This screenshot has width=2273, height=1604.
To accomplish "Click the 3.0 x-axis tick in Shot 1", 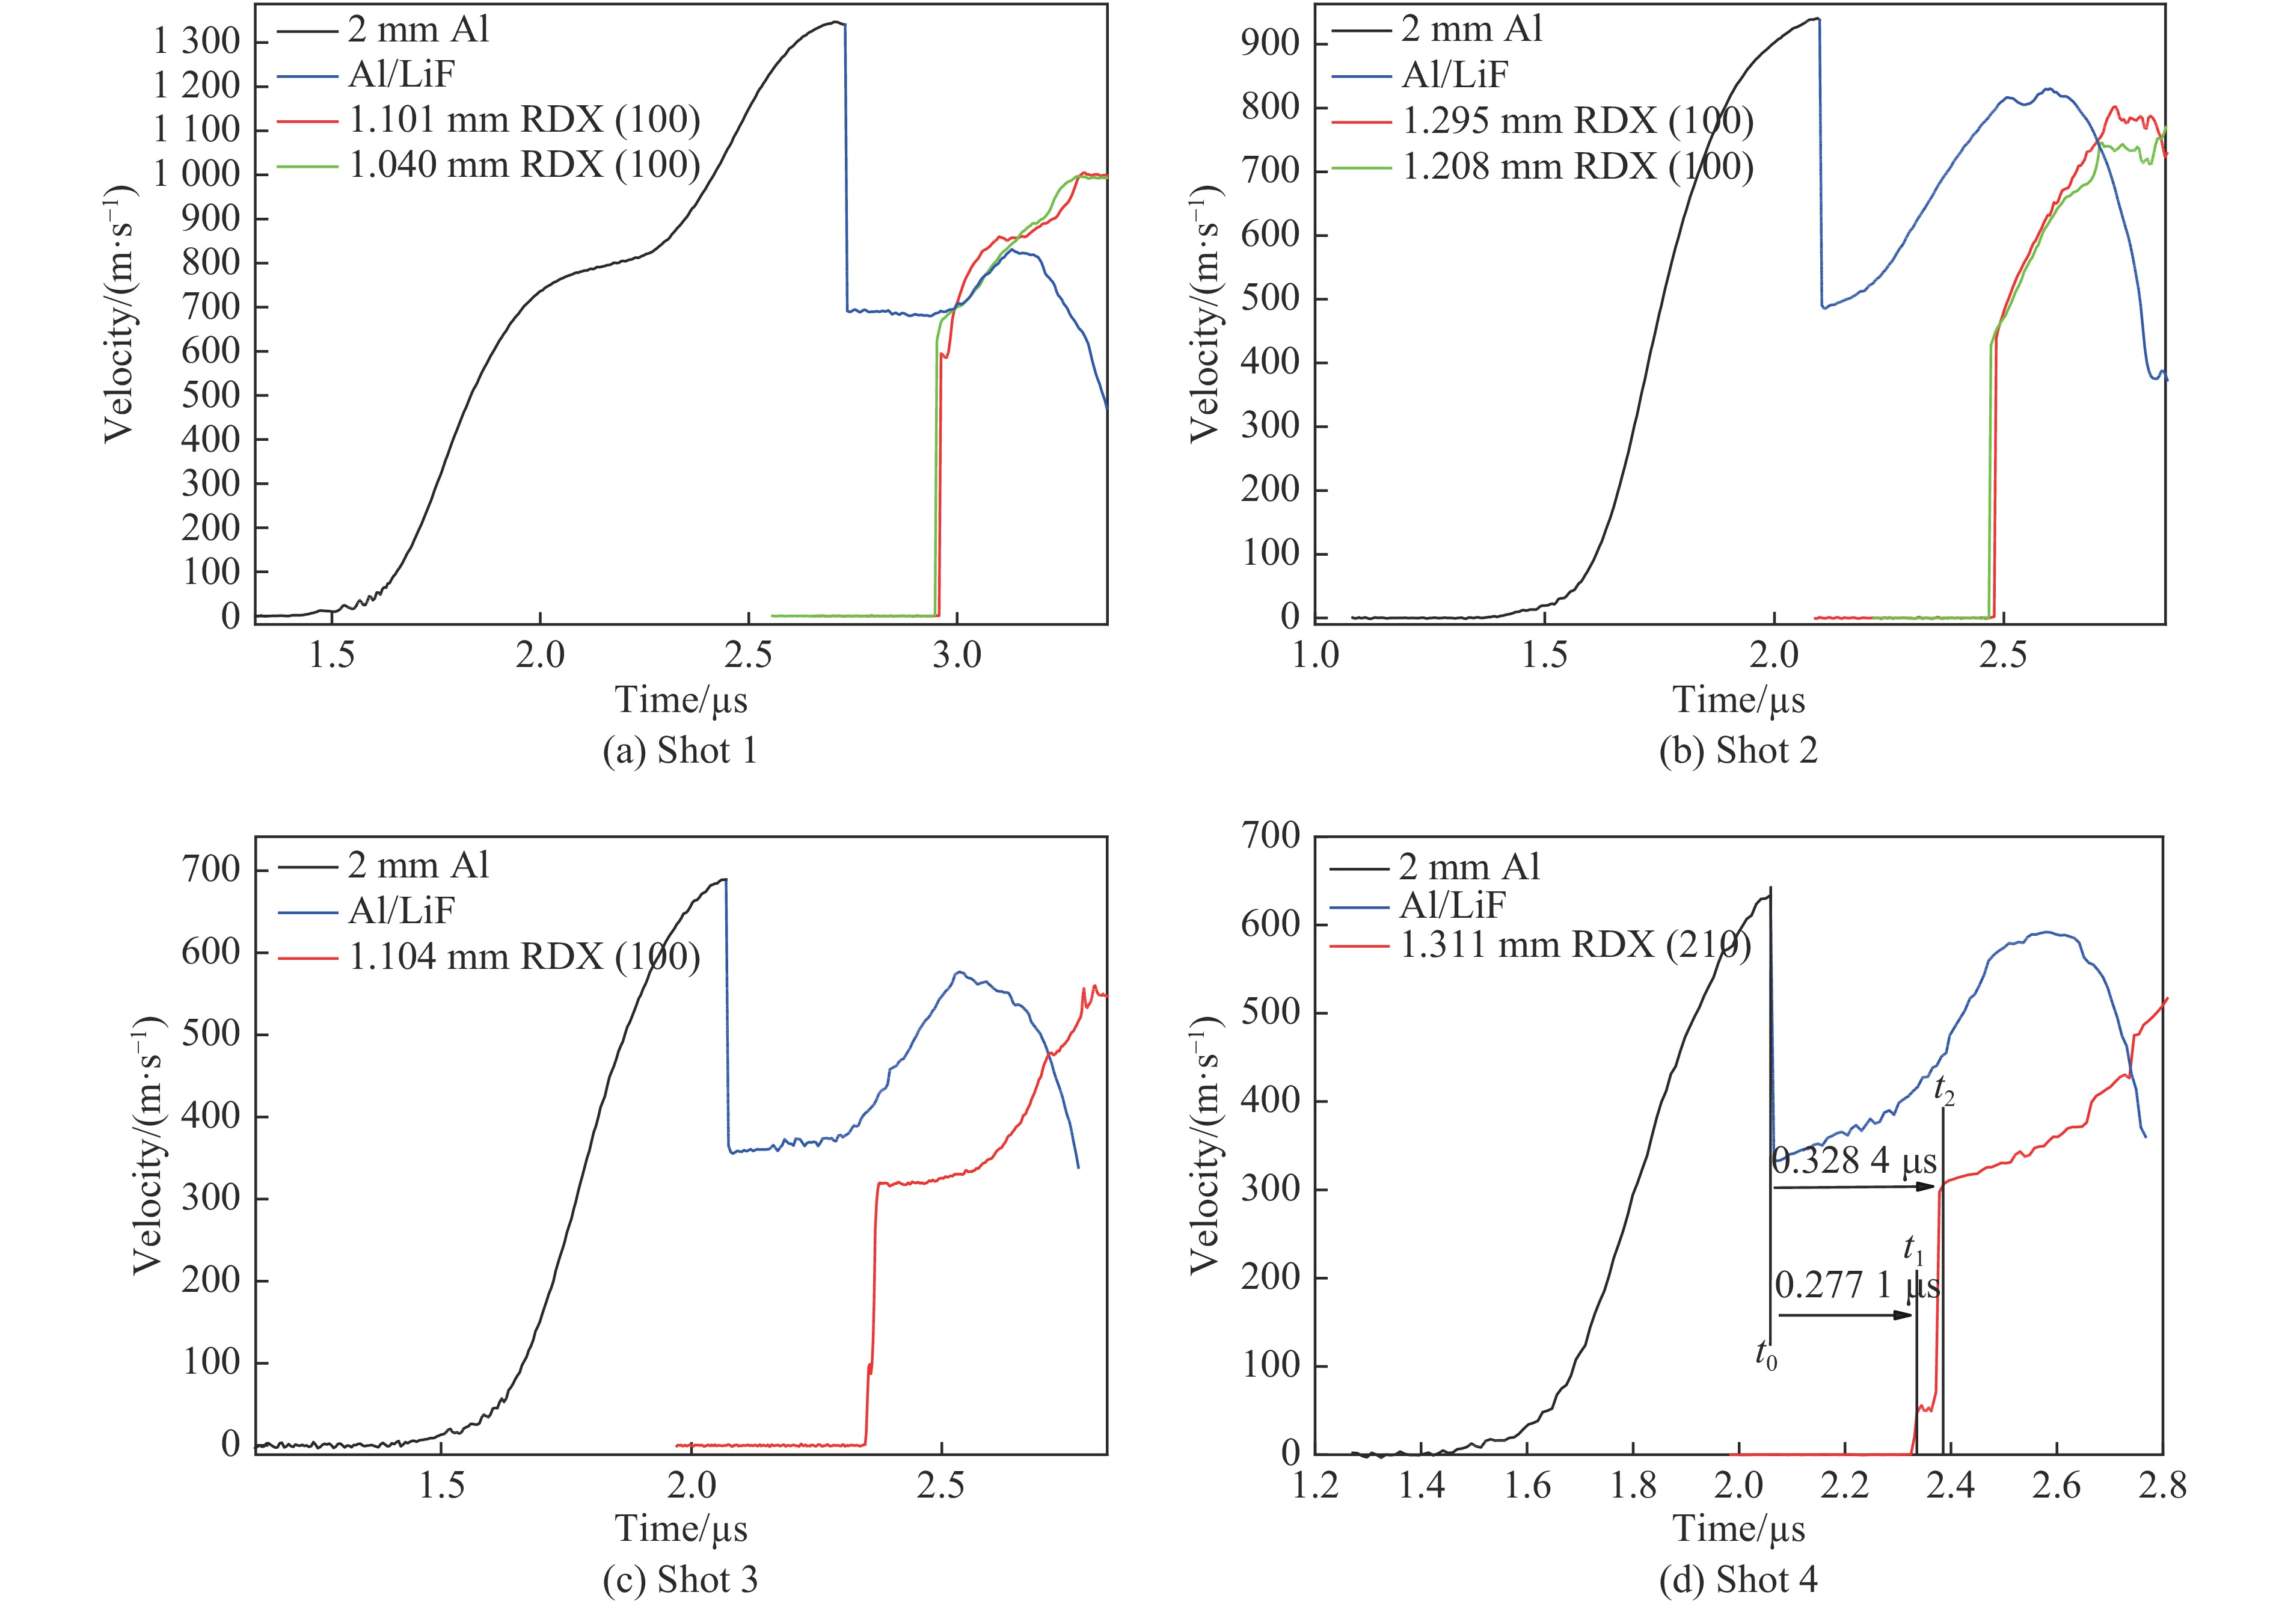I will pyautogui.click(x=956, y=656).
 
